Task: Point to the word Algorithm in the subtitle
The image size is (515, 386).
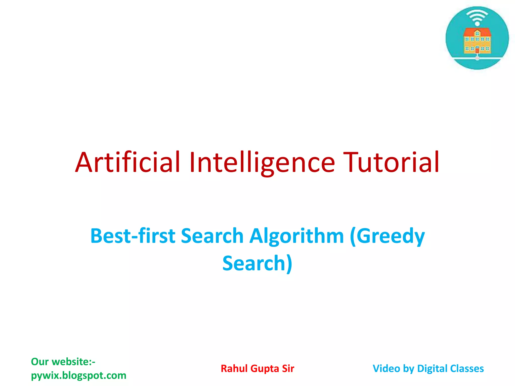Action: [296, 236]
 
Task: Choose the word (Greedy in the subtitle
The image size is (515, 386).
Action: [387, 236]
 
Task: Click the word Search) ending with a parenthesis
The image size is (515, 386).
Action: [257, 263]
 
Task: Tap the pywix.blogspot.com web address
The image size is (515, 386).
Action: [78, 375]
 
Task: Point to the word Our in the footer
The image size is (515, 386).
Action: [39, 362]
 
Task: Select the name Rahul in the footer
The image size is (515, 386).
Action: [234, 368]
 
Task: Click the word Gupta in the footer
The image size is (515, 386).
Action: [265, 368]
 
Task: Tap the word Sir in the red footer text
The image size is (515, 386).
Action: [288, 368]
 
